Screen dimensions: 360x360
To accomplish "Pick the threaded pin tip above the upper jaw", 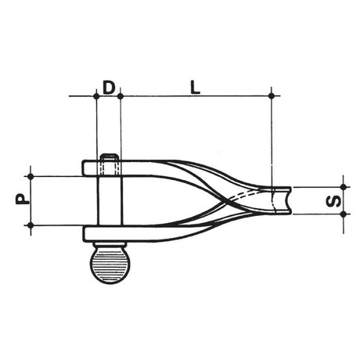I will tap(109, 161).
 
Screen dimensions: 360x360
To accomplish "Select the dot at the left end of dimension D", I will tap(96, 95).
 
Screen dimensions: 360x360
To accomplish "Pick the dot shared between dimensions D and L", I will tap(121, 95).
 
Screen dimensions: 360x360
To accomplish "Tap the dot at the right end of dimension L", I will tap(271, 95).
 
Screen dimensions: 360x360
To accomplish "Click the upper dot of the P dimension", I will tap(31, 175).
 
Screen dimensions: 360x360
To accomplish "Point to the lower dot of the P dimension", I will tap(31, 225).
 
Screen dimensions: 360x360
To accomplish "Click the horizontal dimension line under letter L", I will tap(196, 95).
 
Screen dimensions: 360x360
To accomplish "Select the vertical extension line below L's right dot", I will tap(271, 141).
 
